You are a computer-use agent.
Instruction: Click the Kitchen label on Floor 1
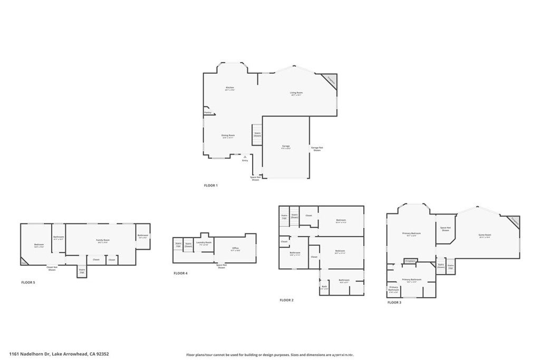(229, 88)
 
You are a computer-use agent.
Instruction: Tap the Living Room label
(296, 93)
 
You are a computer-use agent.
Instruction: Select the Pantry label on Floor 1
(208, 112)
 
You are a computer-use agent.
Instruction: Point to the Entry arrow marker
(245, 157)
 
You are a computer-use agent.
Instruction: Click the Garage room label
(286, 147)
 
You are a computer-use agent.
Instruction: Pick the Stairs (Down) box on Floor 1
(257, 134)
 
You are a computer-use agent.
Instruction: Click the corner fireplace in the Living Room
(331, 80)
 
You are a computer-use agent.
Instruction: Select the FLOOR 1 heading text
(210, 186)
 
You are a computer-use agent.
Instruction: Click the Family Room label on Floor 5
(102, 241)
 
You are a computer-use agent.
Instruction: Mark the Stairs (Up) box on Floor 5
(82, 271)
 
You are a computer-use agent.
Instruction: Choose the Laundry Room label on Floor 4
(204, 243)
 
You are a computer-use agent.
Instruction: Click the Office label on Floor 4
(235, 248)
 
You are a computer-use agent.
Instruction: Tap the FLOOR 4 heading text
(180, 273)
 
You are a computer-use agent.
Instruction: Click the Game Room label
(484, 235)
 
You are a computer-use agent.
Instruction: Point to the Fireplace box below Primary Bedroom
(410, 261)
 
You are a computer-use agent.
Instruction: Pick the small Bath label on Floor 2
(324, 287)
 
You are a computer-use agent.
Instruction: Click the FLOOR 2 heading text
(286, 300)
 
